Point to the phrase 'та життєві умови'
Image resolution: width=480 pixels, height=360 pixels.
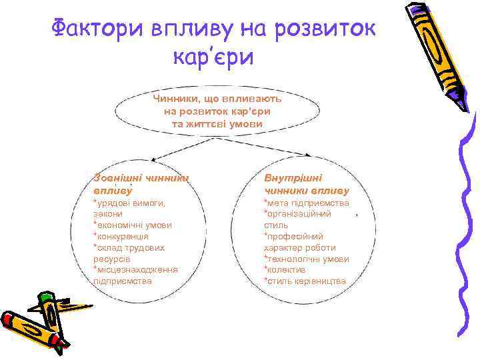pyautogui.click(x=217, y=124)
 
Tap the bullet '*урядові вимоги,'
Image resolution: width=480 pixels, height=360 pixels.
pyautogui.click(x=129, y=203)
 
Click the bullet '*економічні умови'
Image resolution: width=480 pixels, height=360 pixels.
pyautogui.click(x=133, y=225)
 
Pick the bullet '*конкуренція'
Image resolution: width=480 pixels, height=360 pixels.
pyautogui.click(x=121, y=236)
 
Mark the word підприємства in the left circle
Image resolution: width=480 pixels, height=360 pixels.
pyautogui.click(x=123, y=281)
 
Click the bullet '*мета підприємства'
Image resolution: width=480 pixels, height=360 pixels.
pyautogui.click(x=306, y=203)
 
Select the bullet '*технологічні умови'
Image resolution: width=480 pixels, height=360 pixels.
pyautogui.click(x=306, y=259)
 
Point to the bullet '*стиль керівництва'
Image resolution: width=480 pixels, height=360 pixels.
pyautogui.click(x=305, y=281)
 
